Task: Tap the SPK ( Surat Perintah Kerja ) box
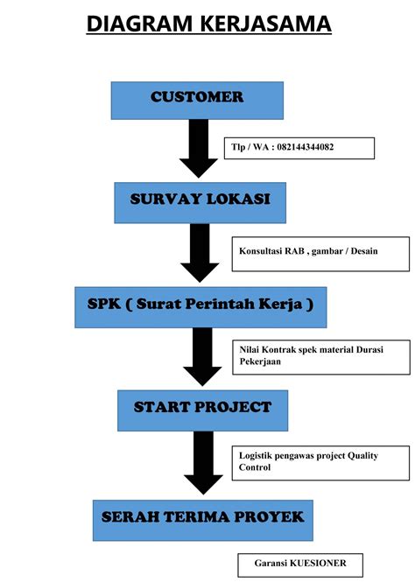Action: coord(200,306)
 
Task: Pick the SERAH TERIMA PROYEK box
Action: coord(202,519)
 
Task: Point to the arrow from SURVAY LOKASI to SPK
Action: coord(198,253)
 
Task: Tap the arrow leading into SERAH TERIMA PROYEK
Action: coord(203,465)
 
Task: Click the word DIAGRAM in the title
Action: coord(137,24)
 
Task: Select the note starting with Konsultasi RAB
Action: coord(320,252)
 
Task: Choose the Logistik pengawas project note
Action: coord(320,461)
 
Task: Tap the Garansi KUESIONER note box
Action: coord(299,565)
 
